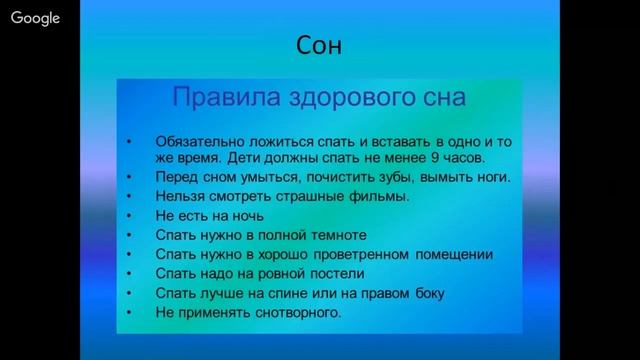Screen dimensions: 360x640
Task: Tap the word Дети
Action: (244, 158)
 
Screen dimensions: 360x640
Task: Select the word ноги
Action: (488, 177)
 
